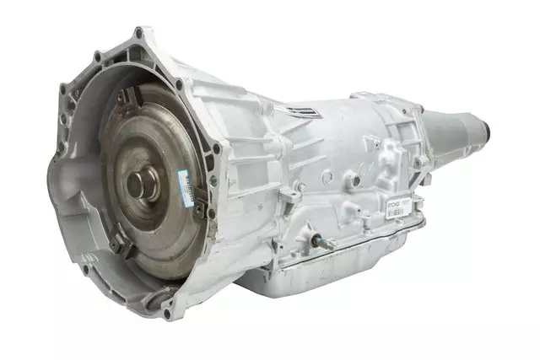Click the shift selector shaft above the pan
319,242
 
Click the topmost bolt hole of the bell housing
138,33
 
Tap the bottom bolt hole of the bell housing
166,314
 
